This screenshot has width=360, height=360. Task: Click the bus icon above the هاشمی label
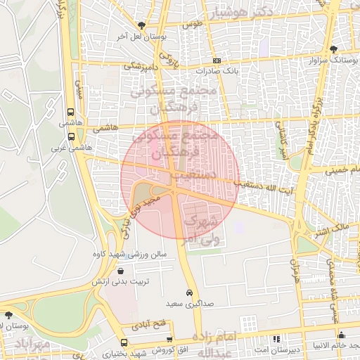tap(71, 112)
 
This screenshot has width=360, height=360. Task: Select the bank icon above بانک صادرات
tap(217, 61)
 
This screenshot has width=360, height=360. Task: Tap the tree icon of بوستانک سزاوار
tap(332, 49)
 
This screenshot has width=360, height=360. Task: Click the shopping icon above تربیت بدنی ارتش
tap(120, 271)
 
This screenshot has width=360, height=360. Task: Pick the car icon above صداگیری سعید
tap(189, 292)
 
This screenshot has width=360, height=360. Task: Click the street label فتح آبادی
tap(146, 326)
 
